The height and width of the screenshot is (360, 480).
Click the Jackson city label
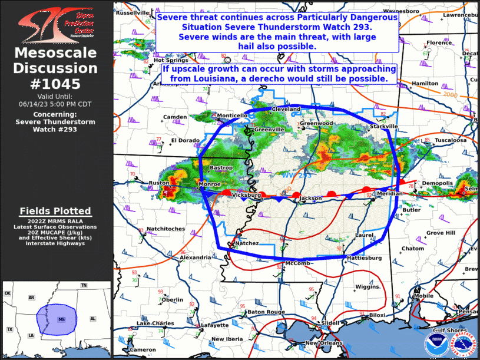click(x=311, y=199)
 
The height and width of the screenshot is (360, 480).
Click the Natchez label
click(x=247, y=243)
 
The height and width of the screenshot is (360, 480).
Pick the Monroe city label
click(x=210, y=184)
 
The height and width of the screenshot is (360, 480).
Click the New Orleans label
click(x=322, y=343)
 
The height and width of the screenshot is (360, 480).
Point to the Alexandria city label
click(x=195, y=257)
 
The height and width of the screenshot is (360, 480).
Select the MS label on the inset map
click(x=61, y=319)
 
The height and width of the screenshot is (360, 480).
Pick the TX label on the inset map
click(x=9, y=329)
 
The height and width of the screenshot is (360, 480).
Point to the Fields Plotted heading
click(x=55, y=210)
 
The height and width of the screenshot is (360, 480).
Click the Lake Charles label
click(x=155, y=323)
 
